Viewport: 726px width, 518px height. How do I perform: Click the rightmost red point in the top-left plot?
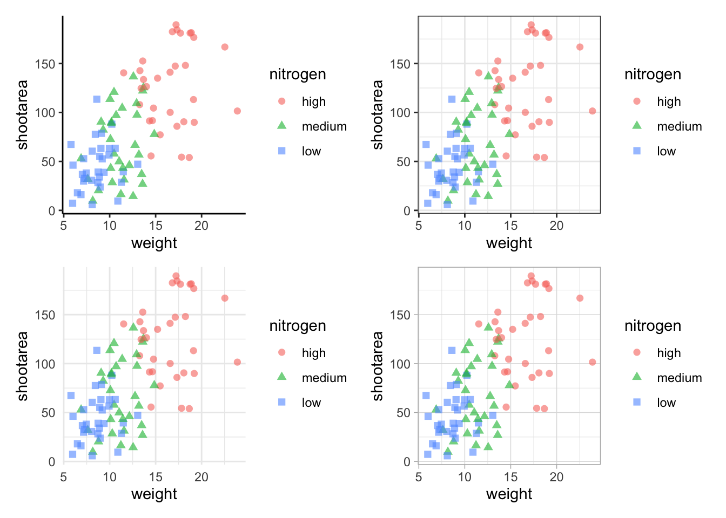click(x=237, y=111)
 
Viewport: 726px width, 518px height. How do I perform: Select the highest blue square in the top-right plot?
click(x=452, y=99)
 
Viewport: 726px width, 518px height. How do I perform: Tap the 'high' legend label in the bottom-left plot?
click(x=313, y=353)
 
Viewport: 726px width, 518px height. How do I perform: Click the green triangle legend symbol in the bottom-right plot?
click(x=637, y=377)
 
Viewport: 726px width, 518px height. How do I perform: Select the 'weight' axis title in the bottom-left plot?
click(x=154, y=494)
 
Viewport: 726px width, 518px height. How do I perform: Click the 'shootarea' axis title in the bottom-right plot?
click(x=377, y=366)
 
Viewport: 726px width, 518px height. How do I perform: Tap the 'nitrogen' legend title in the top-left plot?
click(x=298, y=74)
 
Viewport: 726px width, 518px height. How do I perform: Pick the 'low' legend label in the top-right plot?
click(x=666, y=152)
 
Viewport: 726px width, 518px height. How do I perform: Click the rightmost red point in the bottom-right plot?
click(x=592, y=362)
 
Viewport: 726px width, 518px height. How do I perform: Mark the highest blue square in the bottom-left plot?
click(x=97, y=350)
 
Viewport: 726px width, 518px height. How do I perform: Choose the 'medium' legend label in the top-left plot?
click(x=324, y=127)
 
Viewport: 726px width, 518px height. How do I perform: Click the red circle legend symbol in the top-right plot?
click(x=637, y=101)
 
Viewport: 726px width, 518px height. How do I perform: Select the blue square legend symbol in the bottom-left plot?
click(x=281, y=402)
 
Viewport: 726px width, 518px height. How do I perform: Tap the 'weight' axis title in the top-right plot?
click(x=509, y=243)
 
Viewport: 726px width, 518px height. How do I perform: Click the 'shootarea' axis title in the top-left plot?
click(x=22, y=114)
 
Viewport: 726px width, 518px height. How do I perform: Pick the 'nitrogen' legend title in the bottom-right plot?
click(x=653, y=326)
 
